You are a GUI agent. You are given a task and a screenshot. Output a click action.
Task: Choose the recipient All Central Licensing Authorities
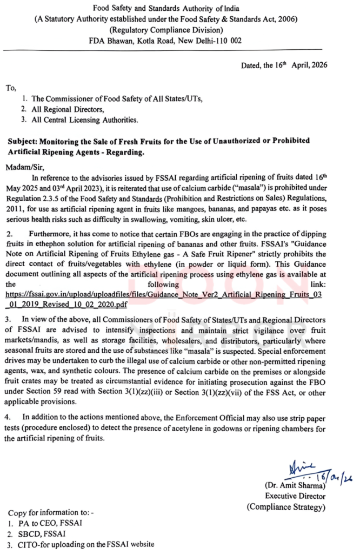[85, 120]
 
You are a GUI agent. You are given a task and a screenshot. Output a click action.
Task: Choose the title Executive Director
[295, 496]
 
